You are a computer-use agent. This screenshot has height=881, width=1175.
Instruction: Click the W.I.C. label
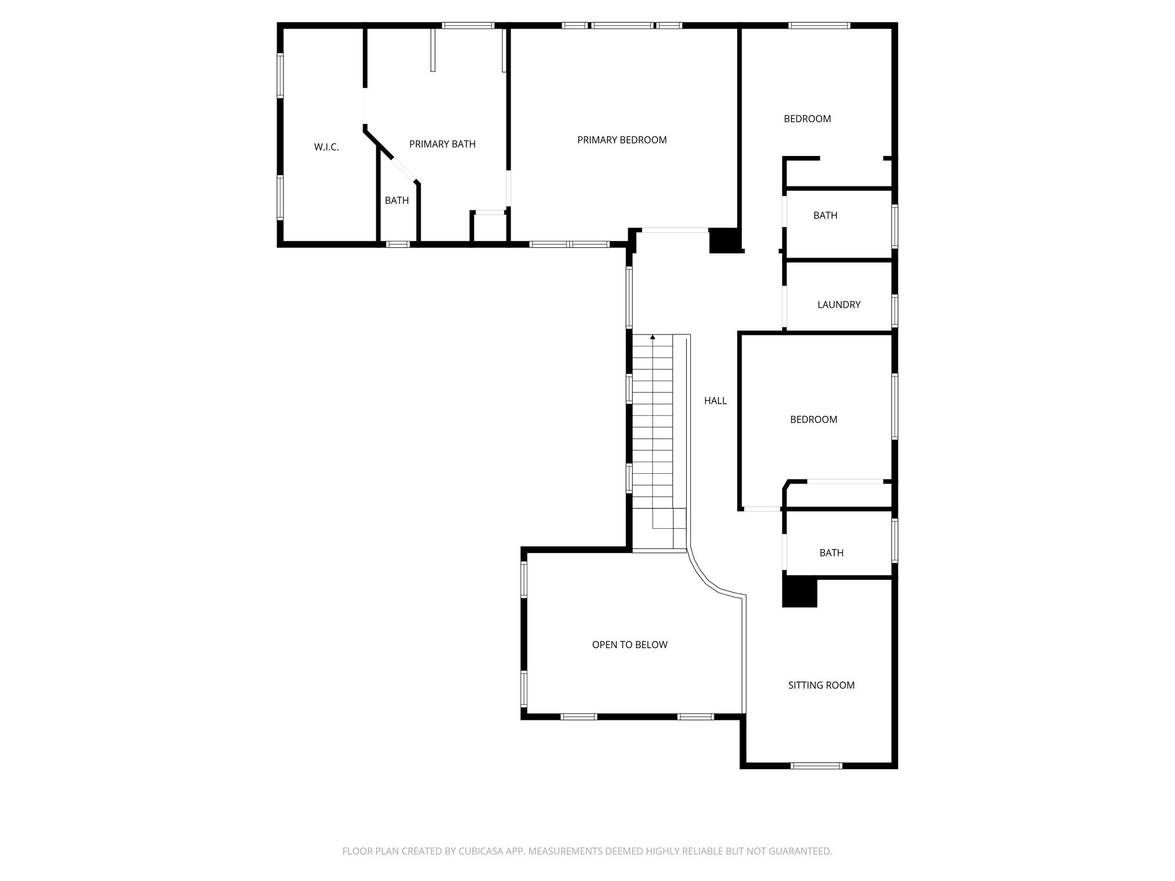(326, 147)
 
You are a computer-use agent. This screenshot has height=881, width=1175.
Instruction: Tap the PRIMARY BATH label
(442, 144)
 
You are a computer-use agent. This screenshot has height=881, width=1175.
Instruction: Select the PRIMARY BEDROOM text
(621, 140)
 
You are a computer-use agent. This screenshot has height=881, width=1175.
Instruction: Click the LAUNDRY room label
(838, 305)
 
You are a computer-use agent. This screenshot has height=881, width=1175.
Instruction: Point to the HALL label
(715, 401)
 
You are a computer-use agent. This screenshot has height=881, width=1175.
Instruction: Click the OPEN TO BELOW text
(629, 645)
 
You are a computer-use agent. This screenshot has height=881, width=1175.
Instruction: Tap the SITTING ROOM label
(821, 685)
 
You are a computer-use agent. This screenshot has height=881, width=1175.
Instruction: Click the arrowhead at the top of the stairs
(652, 337)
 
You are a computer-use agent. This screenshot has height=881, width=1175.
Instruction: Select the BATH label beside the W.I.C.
(396, 200)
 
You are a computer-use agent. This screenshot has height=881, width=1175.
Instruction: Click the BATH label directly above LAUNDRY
(825, 215)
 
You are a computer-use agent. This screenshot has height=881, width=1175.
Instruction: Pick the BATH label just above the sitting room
(831, 553)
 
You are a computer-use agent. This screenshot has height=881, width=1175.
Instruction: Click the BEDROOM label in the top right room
(807, 119)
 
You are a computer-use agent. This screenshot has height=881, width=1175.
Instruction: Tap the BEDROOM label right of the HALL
(813, 419)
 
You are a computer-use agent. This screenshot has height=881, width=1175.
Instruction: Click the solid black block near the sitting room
(799, 592)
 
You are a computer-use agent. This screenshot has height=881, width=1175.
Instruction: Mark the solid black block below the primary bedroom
(725, 240)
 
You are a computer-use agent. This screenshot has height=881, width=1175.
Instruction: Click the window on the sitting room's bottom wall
(816, 765)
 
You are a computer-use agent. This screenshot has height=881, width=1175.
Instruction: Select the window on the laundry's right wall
(894, 310)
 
